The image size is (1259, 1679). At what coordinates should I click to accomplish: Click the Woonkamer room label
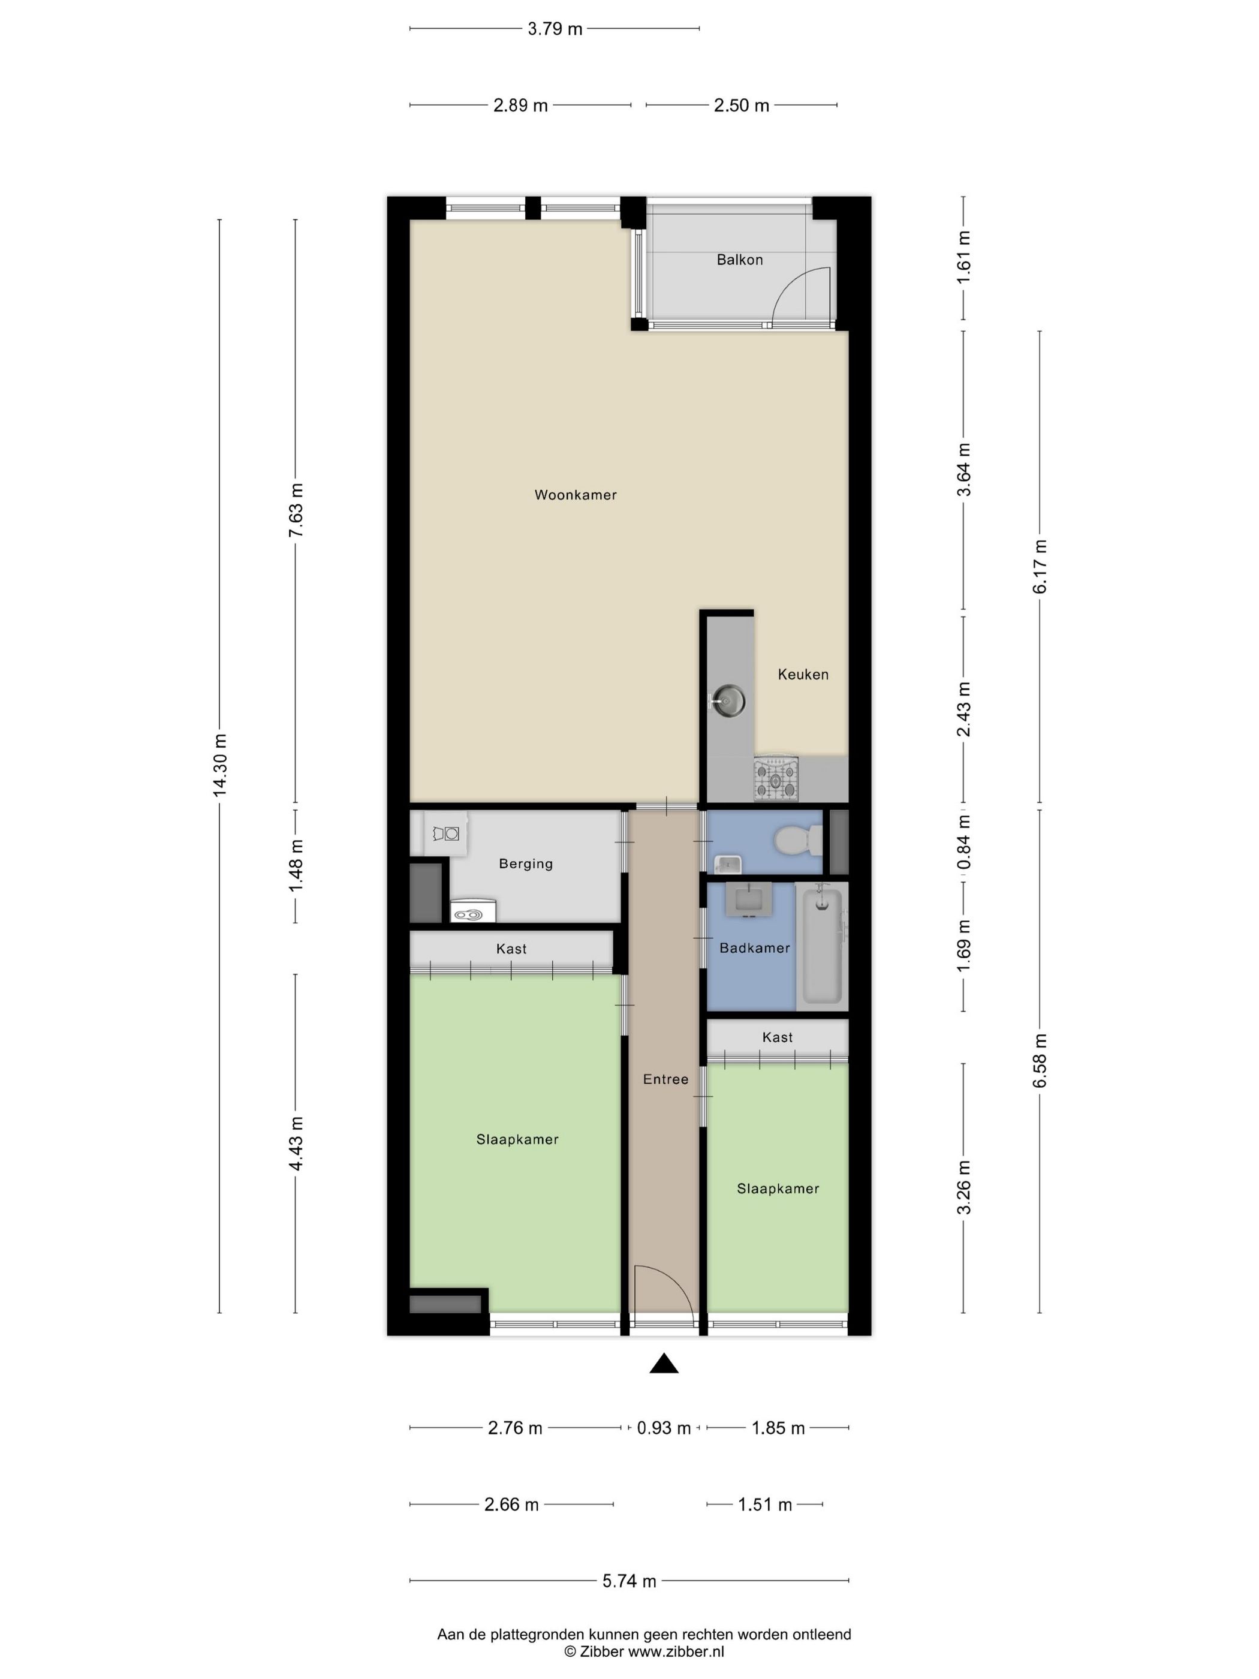(x=575, y=495)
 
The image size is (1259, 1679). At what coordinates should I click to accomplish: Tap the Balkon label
(x=739, y=260)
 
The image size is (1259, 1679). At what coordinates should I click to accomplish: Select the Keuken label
(x=803, y=674)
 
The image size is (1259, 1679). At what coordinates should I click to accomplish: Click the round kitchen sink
(x=727, y=700)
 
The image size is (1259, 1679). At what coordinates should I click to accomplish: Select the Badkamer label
(x=754, y=948)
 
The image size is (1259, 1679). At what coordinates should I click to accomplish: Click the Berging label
(x=525, y=864)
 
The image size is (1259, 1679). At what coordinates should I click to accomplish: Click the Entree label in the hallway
(x=665, y=1079)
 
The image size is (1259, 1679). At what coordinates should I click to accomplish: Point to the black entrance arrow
(x=663, y=1363)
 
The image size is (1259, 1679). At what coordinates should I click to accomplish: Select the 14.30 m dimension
(x=220, y=765)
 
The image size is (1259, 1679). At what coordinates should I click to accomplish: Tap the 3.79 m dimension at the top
(x=555, y=29)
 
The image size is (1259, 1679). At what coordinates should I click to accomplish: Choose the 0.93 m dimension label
(x=663, y=1428)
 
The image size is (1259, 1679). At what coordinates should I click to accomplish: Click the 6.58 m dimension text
(x=1040, y=1060)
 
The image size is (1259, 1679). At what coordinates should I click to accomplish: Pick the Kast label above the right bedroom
(x=777, y=1037)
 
